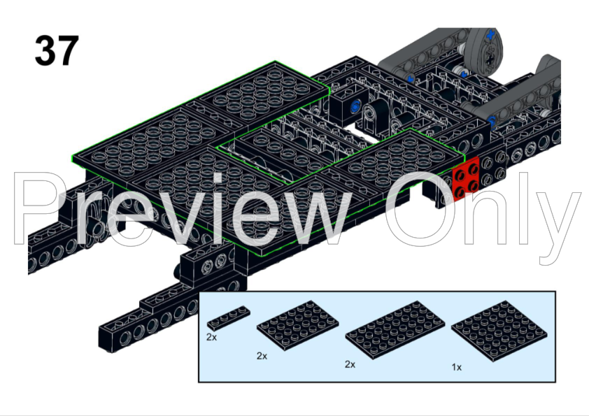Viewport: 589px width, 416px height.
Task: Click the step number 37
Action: pos(57,50)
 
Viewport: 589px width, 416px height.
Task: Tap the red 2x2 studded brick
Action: pos(466,179)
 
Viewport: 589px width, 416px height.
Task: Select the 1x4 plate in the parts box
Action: pos(228,317)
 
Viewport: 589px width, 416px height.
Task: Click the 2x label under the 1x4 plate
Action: pos(211,337)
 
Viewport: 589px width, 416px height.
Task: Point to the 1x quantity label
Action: pos(456,367)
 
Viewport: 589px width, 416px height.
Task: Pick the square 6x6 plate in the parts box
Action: pos(499,331)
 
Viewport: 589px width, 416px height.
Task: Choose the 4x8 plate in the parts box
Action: pos(395,329)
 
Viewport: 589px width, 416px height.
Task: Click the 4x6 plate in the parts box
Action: pos(298,325)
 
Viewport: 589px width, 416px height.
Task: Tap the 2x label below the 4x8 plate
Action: pos(350,364)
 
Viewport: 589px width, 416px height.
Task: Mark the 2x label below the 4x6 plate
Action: pos(262,356)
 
